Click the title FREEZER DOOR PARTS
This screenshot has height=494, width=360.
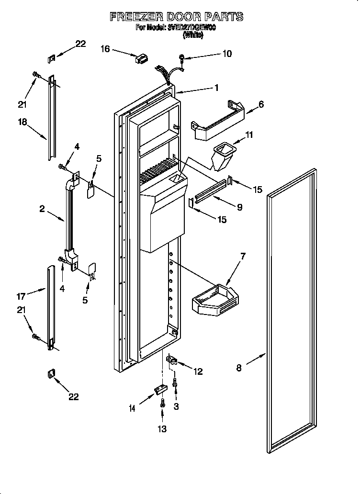[176, 17]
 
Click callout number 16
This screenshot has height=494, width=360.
[105, 48]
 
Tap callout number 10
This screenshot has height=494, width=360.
[226, 54]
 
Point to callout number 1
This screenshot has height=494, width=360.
[216, 88]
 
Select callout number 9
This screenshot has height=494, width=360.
[239, 207]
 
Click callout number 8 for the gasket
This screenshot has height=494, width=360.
[239, 368]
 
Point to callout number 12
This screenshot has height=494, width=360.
[198, 371]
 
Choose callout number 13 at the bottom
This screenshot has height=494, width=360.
[163, 429]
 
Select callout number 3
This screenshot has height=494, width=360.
[177, 407]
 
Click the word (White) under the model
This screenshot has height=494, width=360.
[193, 34]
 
